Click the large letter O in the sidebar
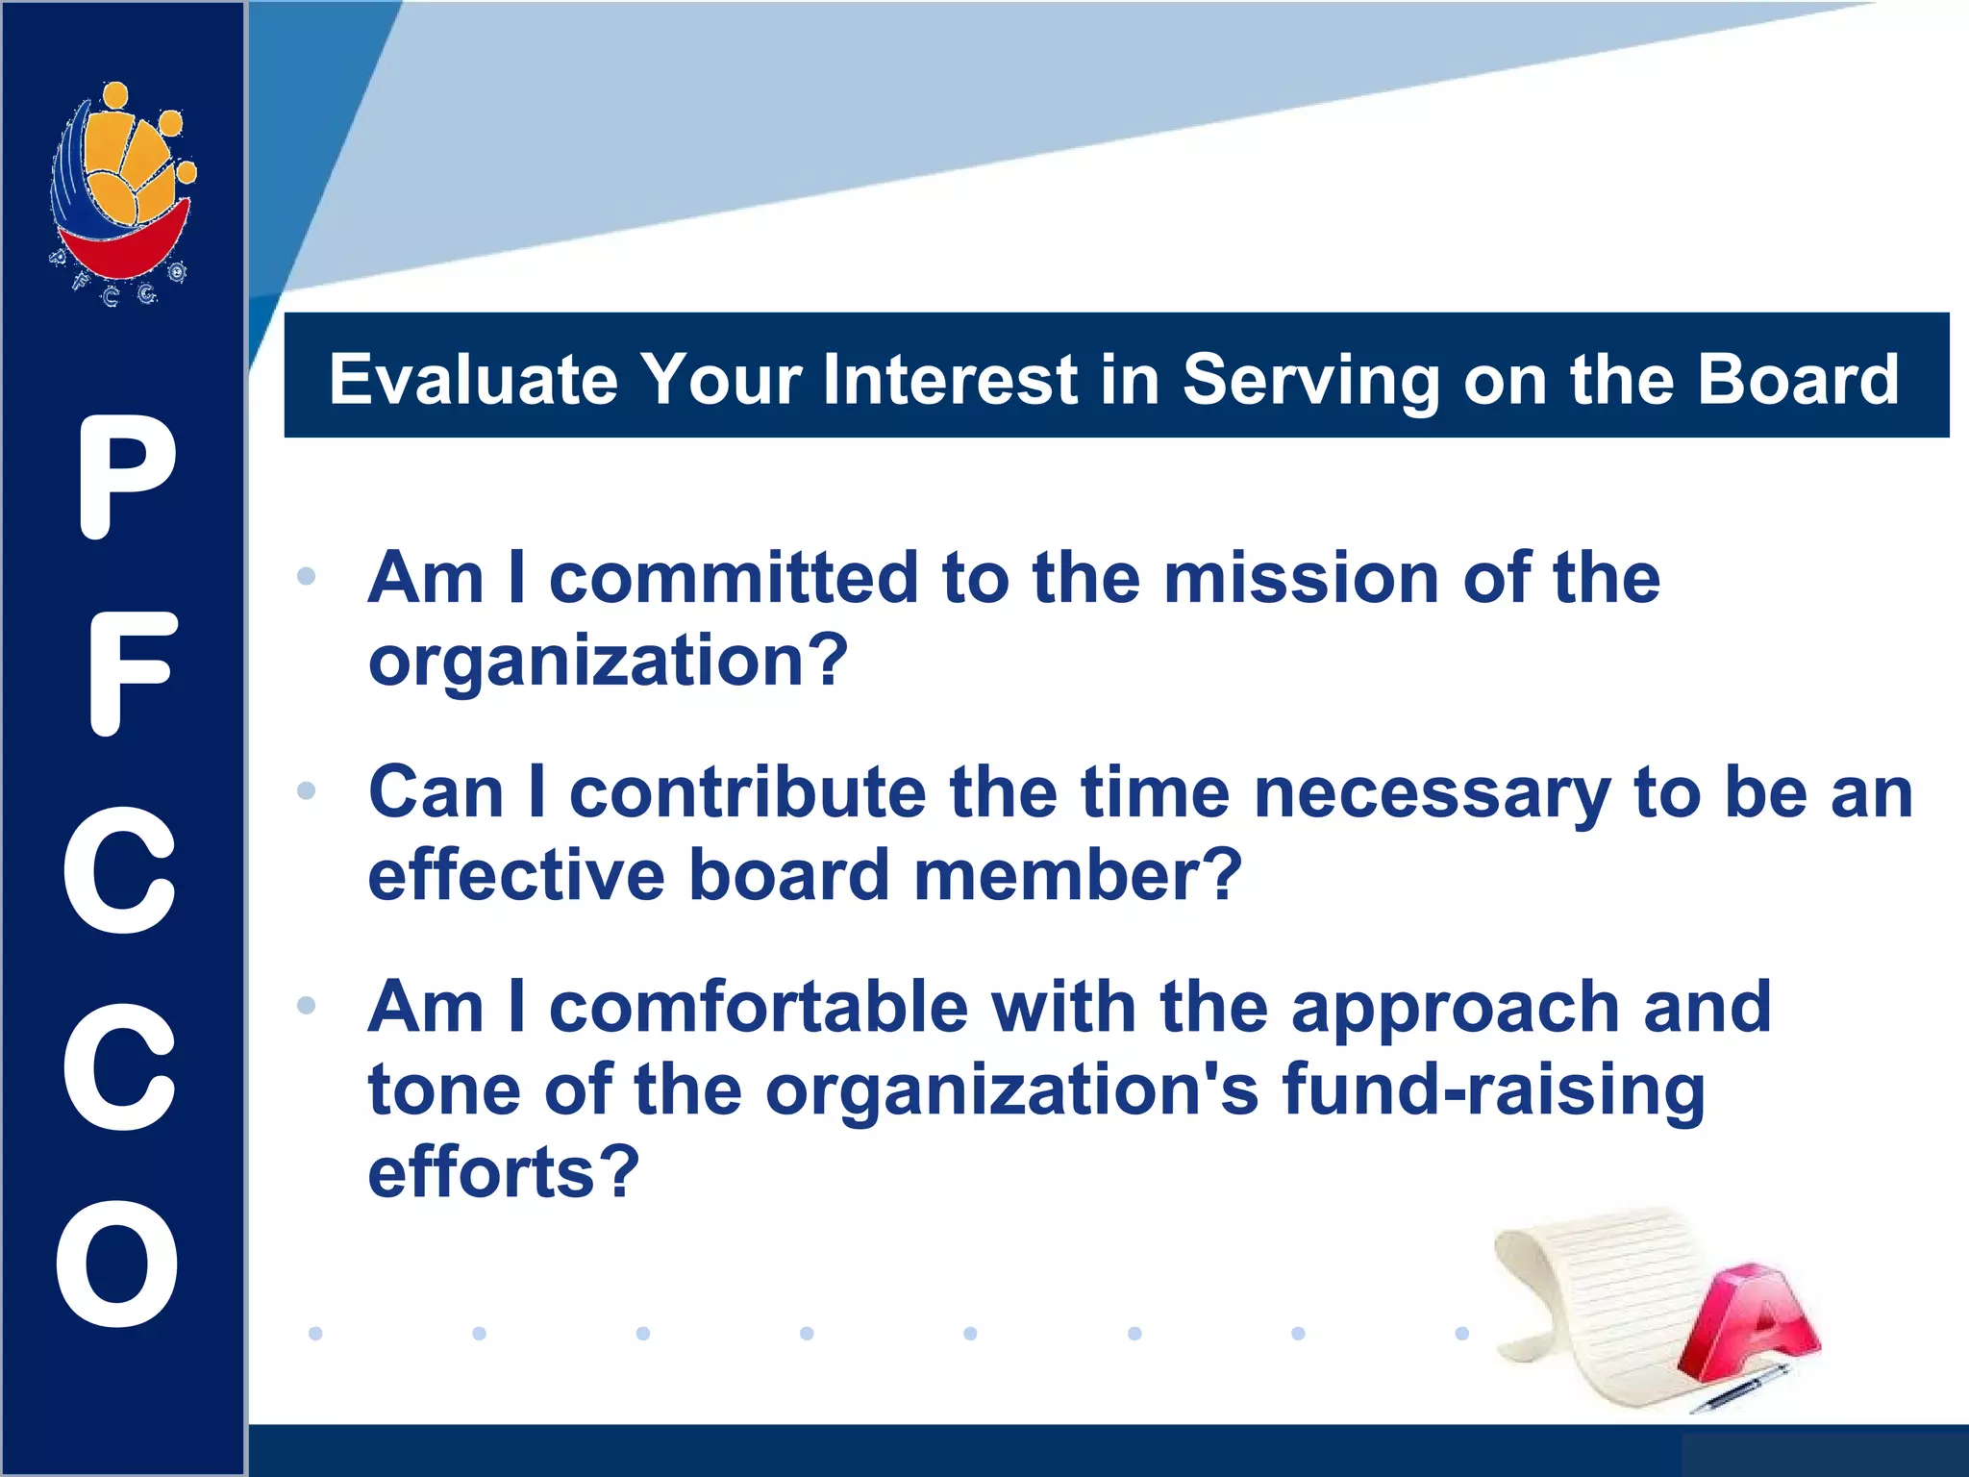point(118,1264)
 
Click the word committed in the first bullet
point(734,579)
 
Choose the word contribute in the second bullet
point(748,793)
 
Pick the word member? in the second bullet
point(1078,876)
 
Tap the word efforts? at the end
point(503,1173)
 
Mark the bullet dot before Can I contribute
point(307,791)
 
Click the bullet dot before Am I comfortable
point(307,1006)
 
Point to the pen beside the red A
point(1740,1390)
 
